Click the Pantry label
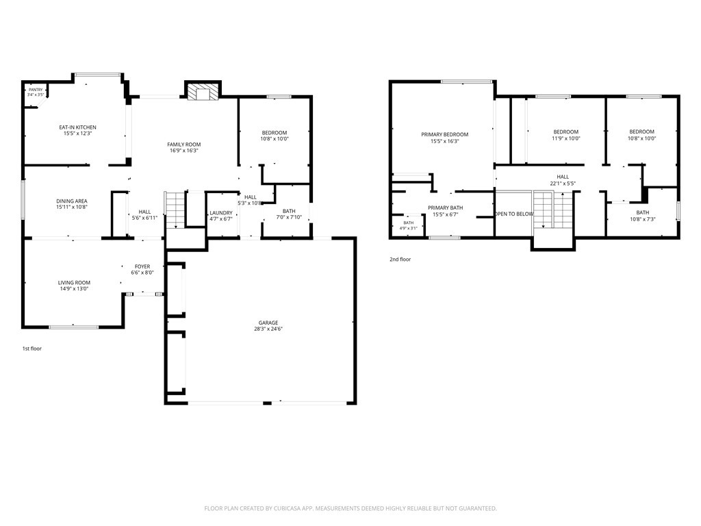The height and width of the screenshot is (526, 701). (x=36, y=90)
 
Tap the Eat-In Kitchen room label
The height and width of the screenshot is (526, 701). (x=78, y=127)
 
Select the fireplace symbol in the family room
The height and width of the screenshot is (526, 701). (x=203, y=91)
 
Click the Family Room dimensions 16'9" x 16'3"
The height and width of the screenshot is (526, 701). (x=183, y=151)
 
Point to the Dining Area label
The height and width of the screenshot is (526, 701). (x=71, y=201)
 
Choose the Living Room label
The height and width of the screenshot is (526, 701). (x=74, y=283)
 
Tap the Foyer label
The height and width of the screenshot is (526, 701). (x=142, y=266)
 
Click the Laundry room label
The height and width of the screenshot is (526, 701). (x=221, y=213)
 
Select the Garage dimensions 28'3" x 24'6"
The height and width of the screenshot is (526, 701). (x=268, y=329)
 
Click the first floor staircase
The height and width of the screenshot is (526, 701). (x=175, y=210)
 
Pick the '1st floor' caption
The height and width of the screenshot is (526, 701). (x=31, y=349)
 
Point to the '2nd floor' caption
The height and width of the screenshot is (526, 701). (x=400, y=260)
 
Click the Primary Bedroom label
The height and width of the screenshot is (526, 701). (x=444, y=134)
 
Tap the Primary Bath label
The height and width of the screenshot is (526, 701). (x=445, y=208)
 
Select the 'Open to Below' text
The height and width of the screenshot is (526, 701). (x=514, y=214)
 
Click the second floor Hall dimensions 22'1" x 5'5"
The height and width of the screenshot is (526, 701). (x=563, y=184)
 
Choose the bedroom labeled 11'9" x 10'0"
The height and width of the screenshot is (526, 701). (x=566, y=135)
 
